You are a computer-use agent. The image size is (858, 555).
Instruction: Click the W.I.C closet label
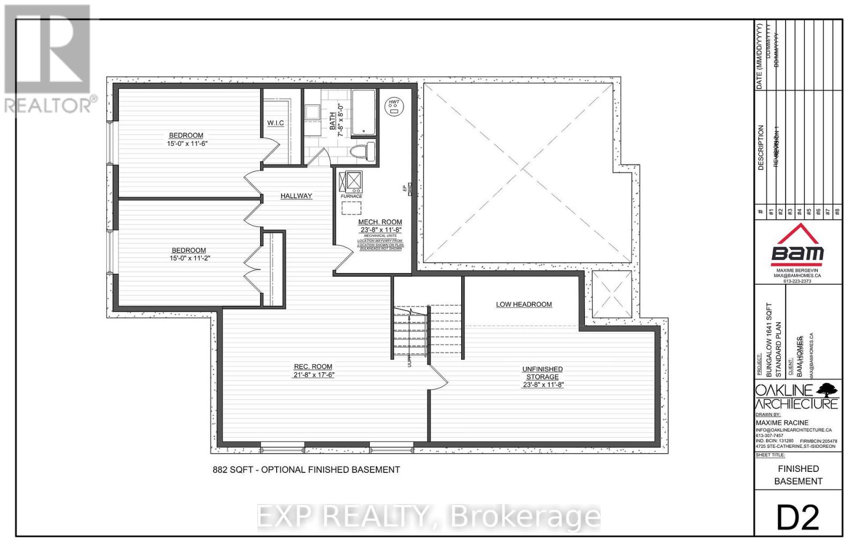tap(276, 123)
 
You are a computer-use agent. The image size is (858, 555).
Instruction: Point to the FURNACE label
tap(351, 196)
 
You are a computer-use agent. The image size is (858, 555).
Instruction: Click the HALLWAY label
tap(296, 196)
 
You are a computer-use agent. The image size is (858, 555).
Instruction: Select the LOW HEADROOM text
tap(523, 305)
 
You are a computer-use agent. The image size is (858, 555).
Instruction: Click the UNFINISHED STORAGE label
tap(542, 373)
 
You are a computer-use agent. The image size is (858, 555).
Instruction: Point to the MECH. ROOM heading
tap(380, 222)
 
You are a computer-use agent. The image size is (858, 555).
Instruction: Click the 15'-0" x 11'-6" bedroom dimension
tap(186, 143)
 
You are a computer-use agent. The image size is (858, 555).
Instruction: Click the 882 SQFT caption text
tap(306, 470)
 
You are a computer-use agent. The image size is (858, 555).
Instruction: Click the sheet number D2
tap(798, 517)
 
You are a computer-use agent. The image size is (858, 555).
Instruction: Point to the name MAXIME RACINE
tap(782, 423)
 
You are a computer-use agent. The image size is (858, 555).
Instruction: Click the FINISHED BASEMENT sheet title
tap(798, 475)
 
